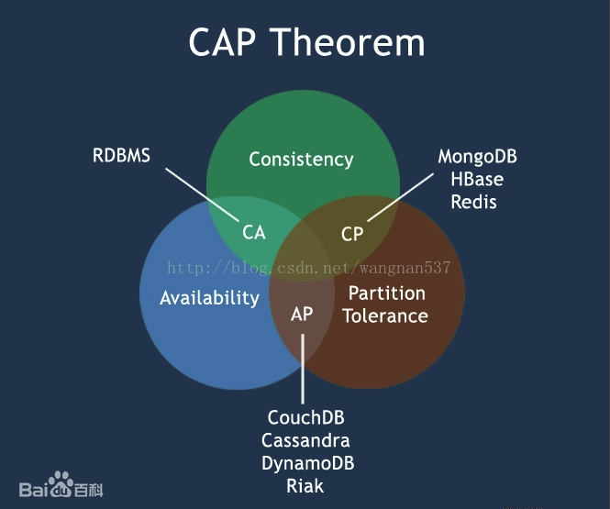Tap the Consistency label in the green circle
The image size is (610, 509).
(301, 160)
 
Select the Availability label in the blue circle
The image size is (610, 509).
(209, 298)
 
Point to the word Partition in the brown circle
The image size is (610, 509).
(386, 293)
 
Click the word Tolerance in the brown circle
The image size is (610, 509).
(386, 316)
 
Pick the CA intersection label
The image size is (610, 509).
(254, 233)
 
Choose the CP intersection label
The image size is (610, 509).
(352, 234)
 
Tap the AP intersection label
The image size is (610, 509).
(302, 315)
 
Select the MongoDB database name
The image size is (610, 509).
(477, 157)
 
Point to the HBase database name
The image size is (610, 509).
(477, 180)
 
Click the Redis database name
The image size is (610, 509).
(473, 202)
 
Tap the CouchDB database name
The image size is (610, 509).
(306, 418)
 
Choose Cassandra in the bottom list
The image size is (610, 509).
(306, 441)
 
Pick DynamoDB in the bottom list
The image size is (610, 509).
(307, 463)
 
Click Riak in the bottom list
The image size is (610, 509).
(305, 486)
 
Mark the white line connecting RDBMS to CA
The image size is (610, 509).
(204, 193)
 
